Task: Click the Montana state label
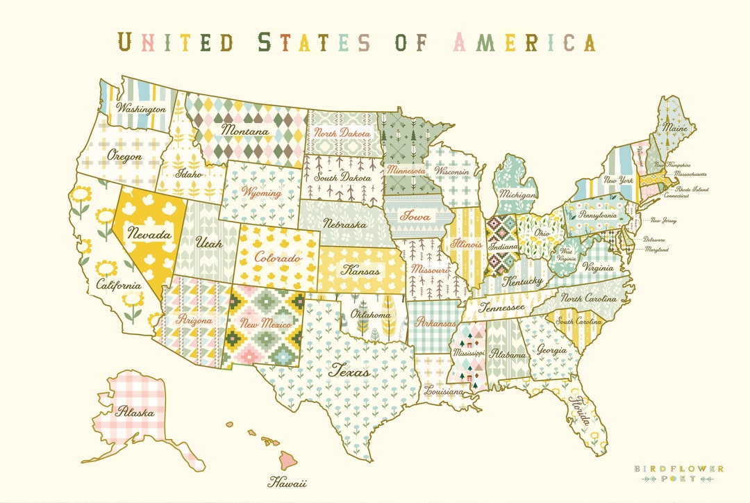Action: [244, 130]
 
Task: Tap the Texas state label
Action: [349, 371]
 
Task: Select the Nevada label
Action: [148, 235]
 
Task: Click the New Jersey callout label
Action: [663, 221]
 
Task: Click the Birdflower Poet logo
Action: [678, 473]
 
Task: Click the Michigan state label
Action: [517, 195]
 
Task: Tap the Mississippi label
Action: [467, 353]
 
